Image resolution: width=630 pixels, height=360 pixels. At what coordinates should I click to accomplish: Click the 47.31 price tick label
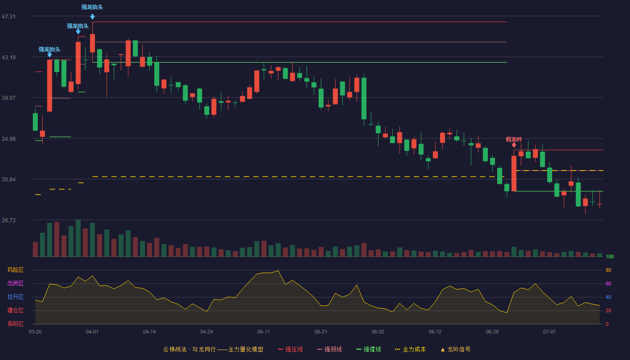(9, 17)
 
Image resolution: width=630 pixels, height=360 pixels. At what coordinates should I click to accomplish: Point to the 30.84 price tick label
(9, 180)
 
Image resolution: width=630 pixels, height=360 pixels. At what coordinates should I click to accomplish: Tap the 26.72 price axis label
(9, 220)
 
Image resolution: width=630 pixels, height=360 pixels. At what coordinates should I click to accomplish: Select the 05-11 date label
(264, 332)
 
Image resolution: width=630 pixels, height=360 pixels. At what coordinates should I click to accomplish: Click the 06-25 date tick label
(492, 332)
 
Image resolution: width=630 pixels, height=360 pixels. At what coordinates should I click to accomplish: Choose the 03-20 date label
(35, 332)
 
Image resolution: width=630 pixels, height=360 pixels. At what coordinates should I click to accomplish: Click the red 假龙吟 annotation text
(514, 139)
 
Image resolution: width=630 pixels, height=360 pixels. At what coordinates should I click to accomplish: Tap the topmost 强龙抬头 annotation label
(92, 7)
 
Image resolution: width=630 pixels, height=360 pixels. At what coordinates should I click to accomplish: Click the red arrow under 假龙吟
(514, 145)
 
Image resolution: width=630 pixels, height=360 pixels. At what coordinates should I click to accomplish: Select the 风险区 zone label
(15, 270)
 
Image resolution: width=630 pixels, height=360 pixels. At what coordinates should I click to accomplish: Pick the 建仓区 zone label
(15, 310)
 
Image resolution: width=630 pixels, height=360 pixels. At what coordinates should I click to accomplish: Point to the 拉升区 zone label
(15, 297)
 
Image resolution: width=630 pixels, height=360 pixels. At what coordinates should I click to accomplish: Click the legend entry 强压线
(291, 350)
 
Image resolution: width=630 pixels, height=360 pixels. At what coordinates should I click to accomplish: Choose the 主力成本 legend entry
(410, 350)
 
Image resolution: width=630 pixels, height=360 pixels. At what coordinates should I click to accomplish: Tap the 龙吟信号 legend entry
(455, 350)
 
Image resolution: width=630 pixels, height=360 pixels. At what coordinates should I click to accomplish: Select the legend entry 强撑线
(369, 350)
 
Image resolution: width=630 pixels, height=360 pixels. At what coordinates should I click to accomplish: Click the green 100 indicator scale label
(610, 257)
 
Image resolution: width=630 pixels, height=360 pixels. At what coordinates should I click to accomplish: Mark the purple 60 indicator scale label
(608, 284)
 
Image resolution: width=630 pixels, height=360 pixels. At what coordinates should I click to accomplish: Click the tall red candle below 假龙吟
(514, 174)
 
